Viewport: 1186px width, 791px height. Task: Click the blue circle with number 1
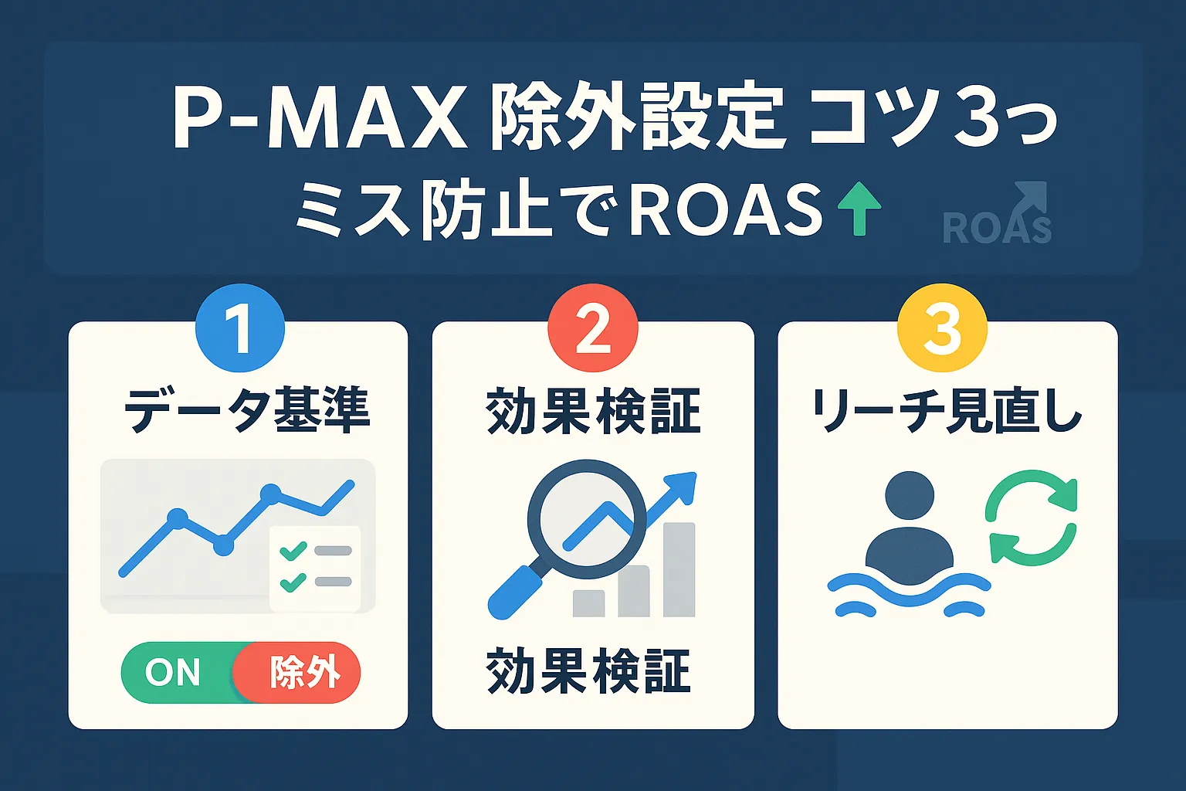240,328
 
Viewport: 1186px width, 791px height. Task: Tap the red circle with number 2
592,328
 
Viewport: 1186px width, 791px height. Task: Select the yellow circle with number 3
942,328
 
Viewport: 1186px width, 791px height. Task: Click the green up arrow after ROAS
859,209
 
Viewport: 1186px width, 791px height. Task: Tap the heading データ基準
247,410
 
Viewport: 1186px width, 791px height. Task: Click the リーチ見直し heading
947,410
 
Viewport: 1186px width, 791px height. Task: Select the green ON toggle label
173,673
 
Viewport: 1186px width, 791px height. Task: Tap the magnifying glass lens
586,518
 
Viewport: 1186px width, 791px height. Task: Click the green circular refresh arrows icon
1031,518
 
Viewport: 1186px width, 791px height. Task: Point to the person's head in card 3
910,495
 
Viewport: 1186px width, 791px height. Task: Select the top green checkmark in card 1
293,551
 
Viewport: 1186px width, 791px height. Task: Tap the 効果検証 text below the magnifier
588,671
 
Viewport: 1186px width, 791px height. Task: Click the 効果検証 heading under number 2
592,410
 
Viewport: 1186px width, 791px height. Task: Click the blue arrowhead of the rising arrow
683,486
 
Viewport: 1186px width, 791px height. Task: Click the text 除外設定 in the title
637,120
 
